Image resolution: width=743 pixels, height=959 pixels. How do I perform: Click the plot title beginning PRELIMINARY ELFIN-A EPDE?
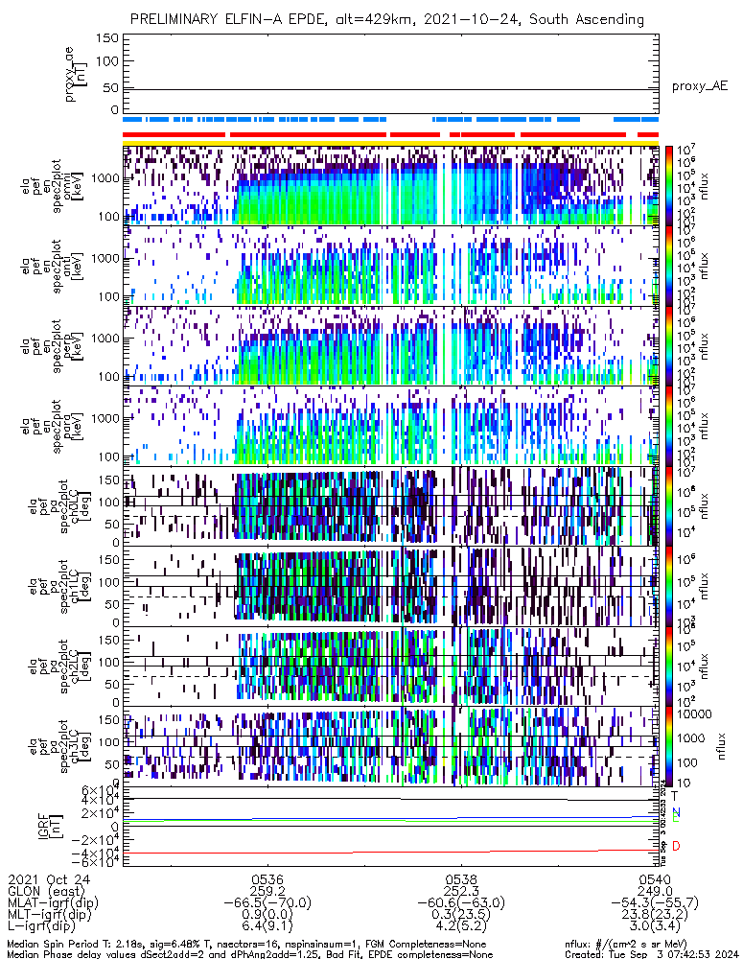tap(386, 19)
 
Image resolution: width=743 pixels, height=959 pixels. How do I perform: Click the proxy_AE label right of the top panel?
tap(699, 86)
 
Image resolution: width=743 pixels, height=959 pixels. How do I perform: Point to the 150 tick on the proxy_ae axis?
tap(108, 38)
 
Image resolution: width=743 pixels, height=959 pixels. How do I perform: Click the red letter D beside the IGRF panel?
tap(676, 846)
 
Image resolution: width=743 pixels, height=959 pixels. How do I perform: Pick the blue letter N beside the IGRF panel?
tap(676, 812)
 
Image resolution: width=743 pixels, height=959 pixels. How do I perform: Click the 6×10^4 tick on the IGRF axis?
tap(98, 789)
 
